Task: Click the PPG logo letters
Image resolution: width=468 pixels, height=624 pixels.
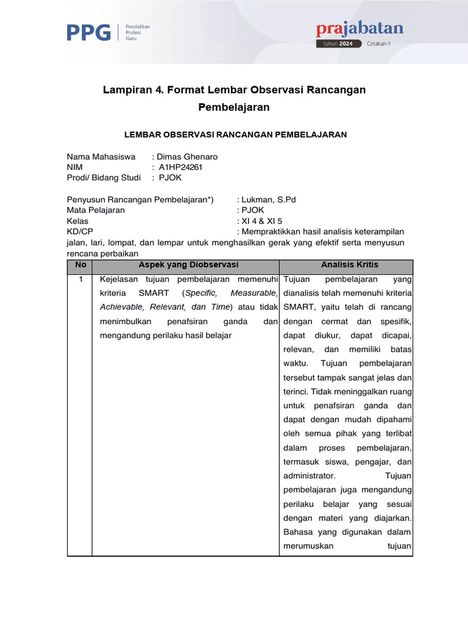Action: click(88, 32)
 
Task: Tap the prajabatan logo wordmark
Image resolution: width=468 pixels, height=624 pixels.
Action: click(360, 29)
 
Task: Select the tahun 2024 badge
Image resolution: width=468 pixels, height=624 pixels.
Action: click(339, 44)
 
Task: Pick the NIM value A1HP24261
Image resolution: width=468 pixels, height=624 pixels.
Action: click(180, 167)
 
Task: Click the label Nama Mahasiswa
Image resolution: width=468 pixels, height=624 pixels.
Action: click(101, 157)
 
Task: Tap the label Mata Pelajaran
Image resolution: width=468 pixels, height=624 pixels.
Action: click(96, 210)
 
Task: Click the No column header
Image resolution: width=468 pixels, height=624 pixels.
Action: click(80, 265)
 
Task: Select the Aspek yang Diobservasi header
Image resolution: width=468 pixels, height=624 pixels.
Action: click(188, 265)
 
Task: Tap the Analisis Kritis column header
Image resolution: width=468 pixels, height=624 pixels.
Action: click(349, 265)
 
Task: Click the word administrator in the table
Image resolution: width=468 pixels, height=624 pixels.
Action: click(309, 475)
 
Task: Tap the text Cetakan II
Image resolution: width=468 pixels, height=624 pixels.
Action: click(381, 44)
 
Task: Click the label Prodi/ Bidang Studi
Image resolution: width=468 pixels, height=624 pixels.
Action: click(104, 178)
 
